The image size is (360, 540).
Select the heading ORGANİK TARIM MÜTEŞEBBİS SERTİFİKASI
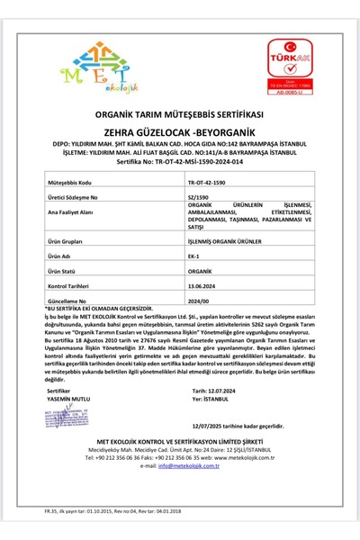tap(179, 116)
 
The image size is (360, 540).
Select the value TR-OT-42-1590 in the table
tap(206, 182)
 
